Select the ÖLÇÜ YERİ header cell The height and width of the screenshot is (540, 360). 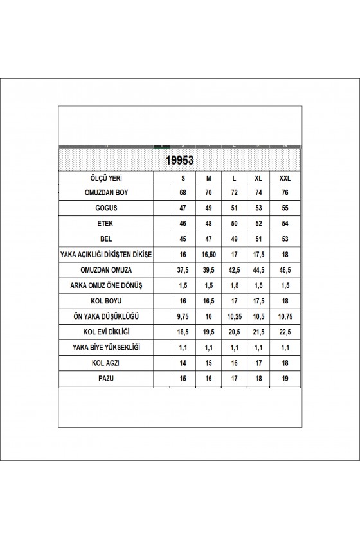(x=105, y=177)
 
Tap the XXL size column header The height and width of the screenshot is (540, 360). (x=285, y=177)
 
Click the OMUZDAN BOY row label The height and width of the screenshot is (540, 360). (x=105, y=192)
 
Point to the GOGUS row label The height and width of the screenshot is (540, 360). (x=105, y=208)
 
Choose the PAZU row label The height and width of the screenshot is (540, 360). (x=105, y=379)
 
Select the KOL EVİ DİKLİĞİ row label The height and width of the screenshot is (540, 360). (x=105, y=332)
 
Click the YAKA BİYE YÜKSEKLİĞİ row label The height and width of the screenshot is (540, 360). (x=105, y=347)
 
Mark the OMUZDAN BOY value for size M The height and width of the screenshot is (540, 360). (x=208, y=192)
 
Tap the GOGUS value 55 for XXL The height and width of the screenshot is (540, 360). (x=285, y=208)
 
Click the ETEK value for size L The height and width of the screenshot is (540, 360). (x=234, y=224)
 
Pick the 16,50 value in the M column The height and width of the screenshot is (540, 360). (x=208, y=255)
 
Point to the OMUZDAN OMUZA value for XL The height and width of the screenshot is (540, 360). (x=260, y=270)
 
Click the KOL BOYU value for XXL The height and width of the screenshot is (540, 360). (x=285, y=301)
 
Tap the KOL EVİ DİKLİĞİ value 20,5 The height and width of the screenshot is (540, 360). (x=234, y=332)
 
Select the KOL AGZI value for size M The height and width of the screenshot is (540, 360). (x=208, y=363)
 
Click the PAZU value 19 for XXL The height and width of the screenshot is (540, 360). (x=285, y=379)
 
